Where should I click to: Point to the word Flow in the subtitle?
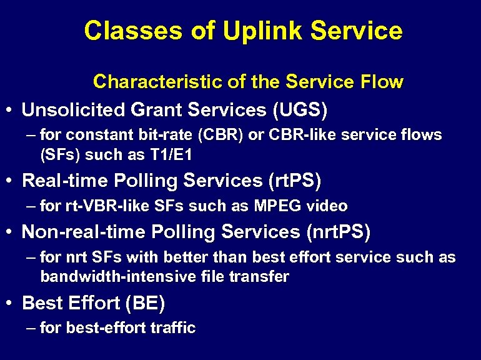(x=382, y=82)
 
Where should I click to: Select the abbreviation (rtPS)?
(x=294, y=181)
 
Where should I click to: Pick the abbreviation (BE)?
(x=145, y=304)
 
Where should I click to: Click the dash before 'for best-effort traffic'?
(x=31, y=327)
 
